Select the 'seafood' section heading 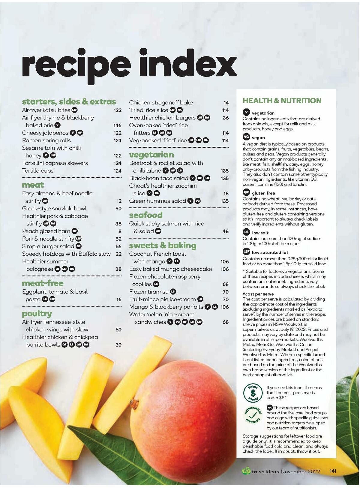coord(146,215)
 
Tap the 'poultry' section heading coord(37,314)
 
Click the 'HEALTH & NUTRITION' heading coord(282,101)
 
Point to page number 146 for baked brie coord(117,125)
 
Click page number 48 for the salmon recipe coord(225,231)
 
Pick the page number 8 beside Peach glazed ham coord(120,231)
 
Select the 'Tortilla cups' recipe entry coord(38,171)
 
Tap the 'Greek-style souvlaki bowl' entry coord(54,209)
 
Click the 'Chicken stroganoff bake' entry coord(161,103)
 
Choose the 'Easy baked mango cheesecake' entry coord(170,269)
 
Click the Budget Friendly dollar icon coord(253,393)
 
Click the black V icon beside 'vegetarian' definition coord(246,113)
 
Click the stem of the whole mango coord(134,402)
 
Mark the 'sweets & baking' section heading coord(163,246)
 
